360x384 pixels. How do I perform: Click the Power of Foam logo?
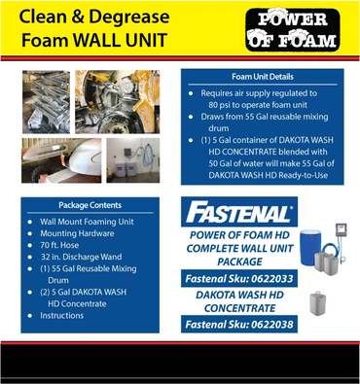coord(293,30)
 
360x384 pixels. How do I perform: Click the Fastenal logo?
coord(239,212)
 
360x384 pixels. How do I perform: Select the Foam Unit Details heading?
coord(263,77)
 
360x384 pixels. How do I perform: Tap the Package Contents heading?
coord(90,205)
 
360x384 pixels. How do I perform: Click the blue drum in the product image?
coord(310,247)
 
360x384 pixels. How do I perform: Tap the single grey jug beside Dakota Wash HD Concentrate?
coord(317,303)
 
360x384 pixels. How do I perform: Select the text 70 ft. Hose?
coord(59,245)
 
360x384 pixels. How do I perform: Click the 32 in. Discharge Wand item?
coord(82,257)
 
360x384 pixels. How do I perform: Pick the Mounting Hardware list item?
coord(77,233)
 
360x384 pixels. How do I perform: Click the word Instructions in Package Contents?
coord(62,316)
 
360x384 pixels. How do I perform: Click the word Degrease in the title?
coord(129,17)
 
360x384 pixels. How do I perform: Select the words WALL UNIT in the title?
coord(120,40)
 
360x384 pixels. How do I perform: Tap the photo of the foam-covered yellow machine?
coord(118,102)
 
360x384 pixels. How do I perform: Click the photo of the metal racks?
coord(46,102)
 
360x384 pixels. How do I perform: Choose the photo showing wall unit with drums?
coord(133,160)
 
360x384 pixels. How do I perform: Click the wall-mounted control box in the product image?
coord(341,230)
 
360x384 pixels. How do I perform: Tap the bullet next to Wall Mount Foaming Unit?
coord(30,222)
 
